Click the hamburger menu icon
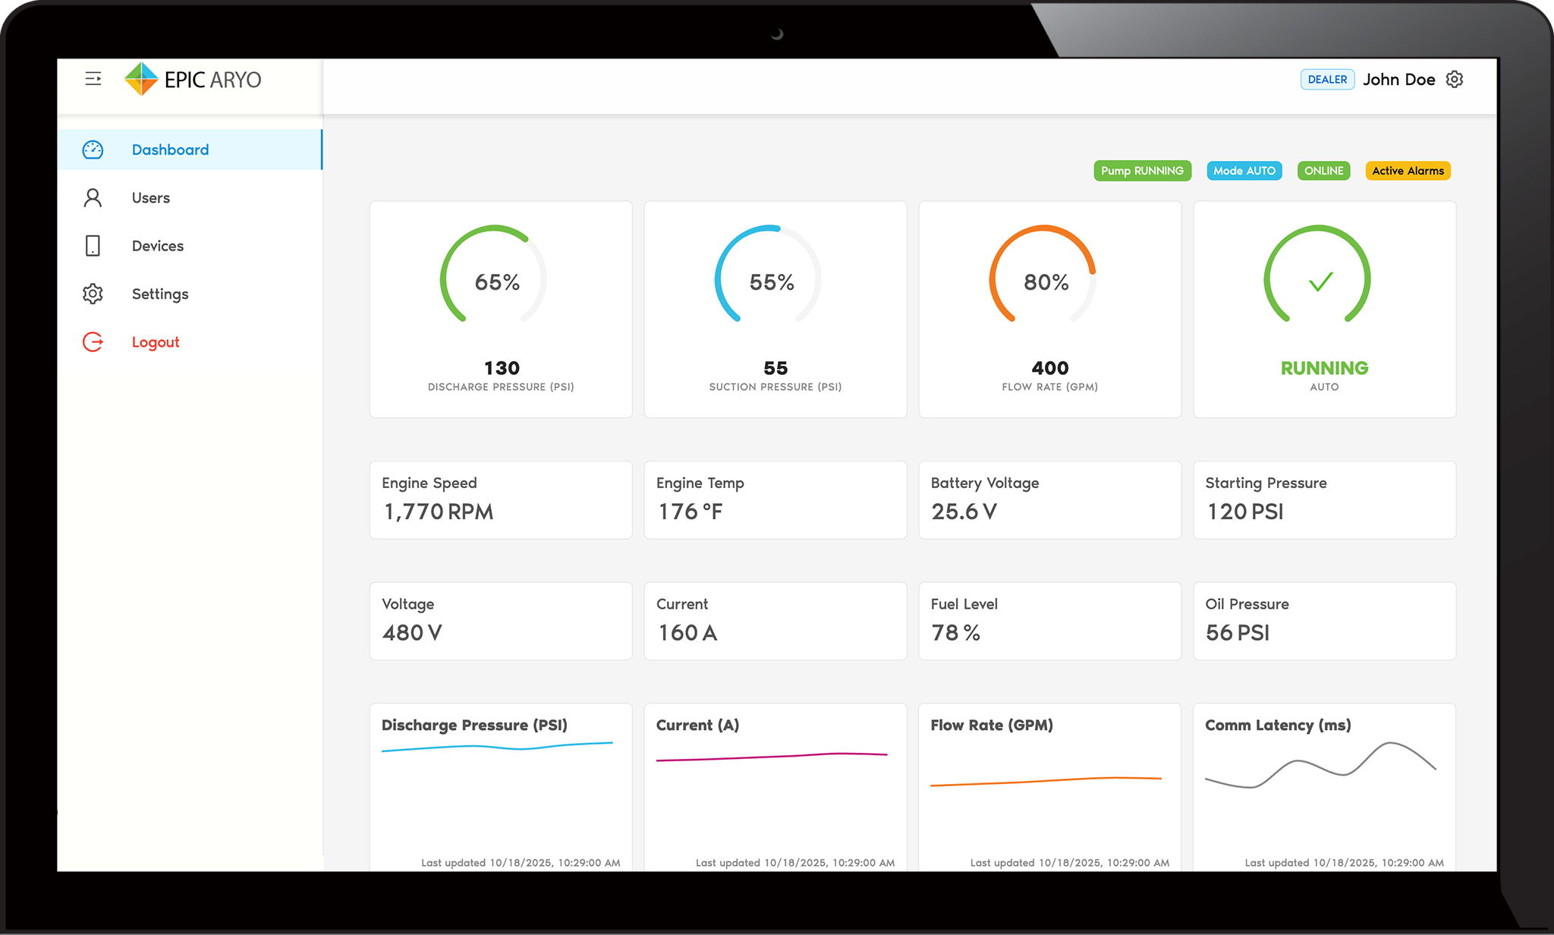coord(93,79)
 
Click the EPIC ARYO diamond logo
coord(141,79)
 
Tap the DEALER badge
coord(1327,80)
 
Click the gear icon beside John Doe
coord(1455,80)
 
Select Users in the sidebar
coord(150,198)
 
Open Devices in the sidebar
coord(157,246)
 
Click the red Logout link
coord(156,342)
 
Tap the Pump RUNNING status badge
coord(1142,171)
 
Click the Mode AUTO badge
coord(1244,171)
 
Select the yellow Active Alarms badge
coord(1408,171)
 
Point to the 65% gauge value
coord(497,282)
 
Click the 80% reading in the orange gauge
coord(1046,282)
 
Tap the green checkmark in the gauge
coord(1321,282)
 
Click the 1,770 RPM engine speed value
coord(439,512)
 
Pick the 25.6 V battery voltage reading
coord(964,512)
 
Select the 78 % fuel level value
coord(955,633)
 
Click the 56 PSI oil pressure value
coord(1238,633)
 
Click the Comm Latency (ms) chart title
coord(1278,725)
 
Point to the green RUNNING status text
coord(1324,368)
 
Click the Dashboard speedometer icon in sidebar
coord(93,150)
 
